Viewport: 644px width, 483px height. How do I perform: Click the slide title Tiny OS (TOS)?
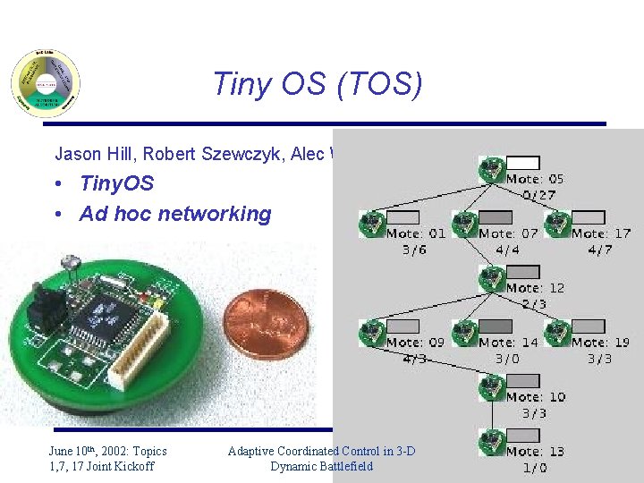(x=317, y=84)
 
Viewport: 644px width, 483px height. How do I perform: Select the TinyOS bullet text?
(x=116, y=184)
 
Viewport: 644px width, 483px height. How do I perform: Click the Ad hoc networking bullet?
(x=174, y=214)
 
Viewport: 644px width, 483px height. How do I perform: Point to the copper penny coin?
(x=266, y=324)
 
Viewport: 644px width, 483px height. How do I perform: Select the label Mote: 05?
(x=535, y=179)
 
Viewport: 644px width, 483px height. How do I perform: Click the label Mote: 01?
(x=416, y=233)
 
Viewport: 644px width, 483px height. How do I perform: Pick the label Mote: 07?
(x=509, y=233)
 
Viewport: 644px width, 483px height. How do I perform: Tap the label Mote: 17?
(x=601, y=233)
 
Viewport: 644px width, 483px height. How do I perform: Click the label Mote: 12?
(x=535, y=288)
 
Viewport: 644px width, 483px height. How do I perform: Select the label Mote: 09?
(x=416, y=343)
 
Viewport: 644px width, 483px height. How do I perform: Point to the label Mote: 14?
(x=509, y=343)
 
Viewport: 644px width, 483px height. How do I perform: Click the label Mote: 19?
(x=601, y=343)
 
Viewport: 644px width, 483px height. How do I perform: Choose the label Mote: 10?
(x=535, y=397)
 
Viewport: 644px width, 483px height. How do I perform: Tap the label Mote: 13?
(x=535, y=452)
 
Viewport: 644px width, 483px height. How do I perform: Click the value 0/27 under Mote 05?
(x=539, y=195)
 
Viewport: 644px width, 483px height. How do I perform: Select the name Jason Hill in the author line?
(x=86, y=153)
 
